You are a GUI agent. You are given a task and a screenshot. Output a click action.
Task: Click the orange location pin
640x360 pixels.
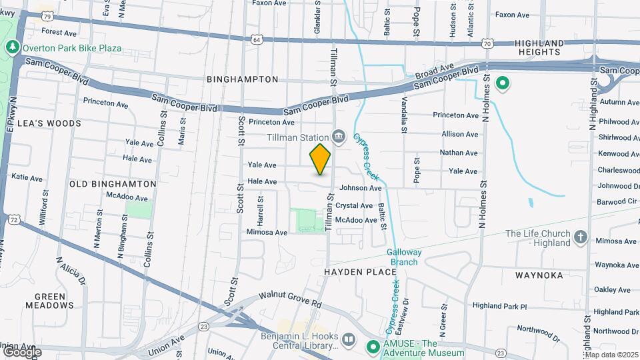click(x=320, y=159)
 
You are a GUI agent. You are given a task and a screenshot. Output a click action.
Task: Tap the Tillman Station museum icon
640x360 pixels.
click(x=339, y=137)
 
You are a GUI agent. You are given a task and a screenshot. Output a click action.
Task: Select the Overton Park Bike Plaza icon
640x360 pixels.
click(x=12, y=48)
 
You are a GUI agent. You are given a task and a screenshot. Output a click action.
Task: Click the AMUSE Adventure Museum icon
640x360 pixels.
click(x=373, y=346)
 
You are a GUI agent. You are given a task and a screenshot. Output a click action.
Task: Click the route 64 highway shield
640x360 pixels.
click(x=257, y=40)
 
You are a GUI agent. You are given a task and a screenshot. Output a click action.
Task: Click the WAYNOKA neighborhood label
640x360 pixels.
click(x=539, y=275)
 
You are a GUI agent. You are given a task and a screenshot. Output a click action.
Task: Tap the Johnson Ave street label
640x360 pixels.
click(x=360, y=189)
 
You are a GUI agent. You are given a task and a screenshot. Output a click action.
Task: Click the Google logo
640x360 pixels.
click(x=21, y=351)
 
